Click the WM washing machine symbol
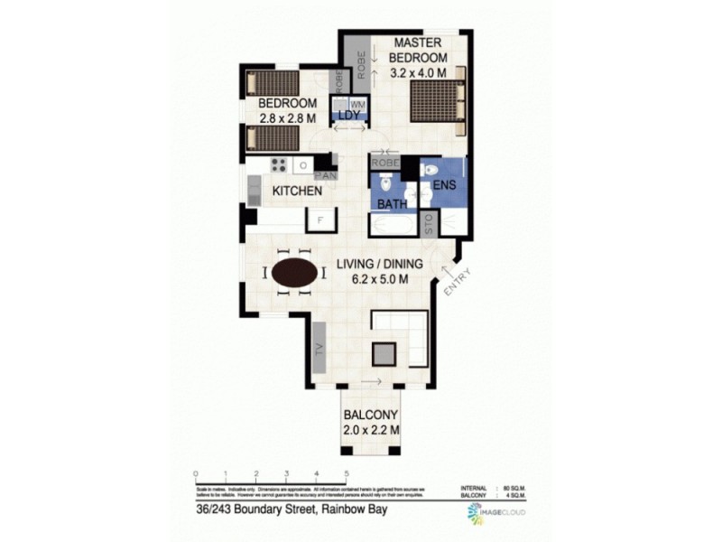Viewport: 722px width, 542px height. click(356, 105)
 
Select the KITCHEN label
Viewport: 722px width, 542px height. click(298, 192)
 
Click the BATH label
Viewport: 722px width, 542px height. click(391, 205)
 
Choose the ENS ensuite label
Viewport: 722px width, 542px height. click(443, 186)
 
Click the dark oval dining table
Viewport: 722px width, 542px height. click(295, 273)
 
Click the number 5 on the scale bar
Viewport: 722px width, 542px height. click(347, 473)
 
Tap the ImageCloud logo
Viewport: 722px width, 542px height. click(496, 513)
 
